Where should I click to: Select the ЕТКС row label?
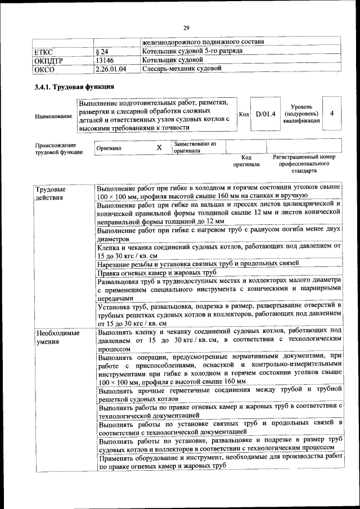tap(44, 52)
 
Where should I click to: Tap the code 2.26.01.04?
tap(111, 69)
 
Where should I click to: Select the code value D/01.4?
tap(265, 114)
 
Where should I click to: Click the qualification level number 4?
tap(332, 114)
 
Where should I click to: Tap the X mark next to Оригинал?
tap(159, 147)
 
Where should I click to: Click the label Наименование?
tap(53, 116)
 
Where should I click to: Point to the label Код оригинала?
tap(246, 161)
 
